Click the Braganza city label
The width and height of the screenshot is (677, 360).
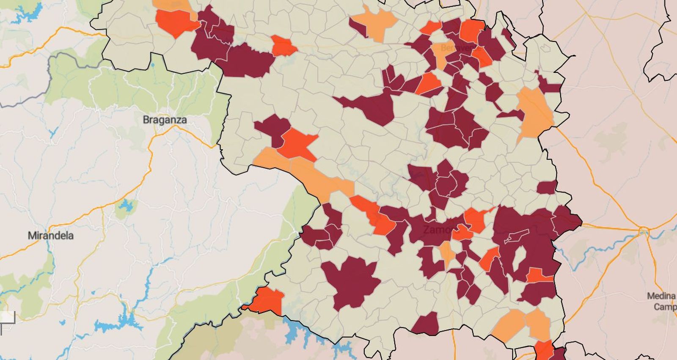click(x=165, y=120)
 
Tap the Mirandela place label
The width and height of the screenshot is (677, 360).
click(x=50, y=236)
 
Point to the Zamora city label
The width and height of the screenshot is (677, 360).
click(x=440, y=230)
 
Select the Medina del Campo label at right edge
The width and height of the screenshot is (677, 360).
click(x=662, y=301)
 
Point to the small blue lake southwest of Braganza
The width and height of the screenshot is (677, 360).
click(x=126, y=206)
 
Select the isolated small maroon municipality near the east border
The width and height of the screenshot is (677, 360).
click(x=547, y=187)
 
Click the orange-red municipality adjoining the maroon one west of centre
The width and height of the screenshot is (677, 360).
click(x=298, y=144)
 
